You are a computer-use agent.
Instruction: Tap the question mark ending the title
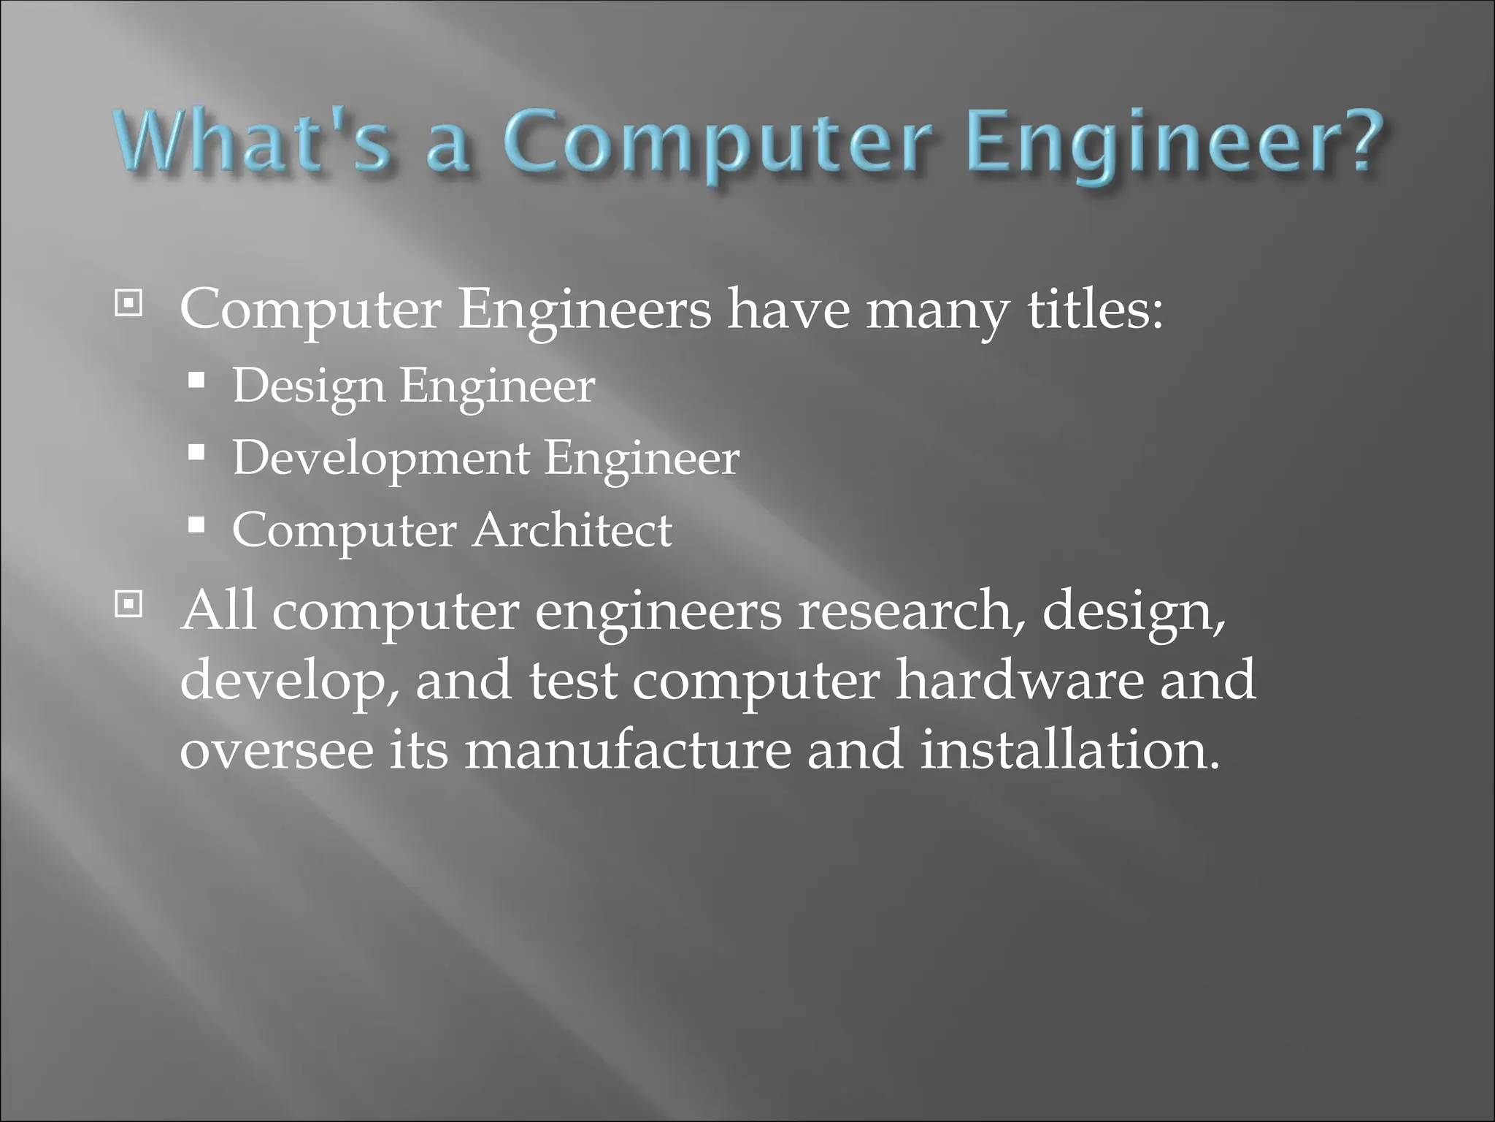coord(1357,140)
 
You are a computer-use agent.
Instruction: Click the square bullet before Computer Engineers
coord(128,303)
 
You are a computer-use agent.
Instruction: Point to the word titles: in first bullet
coord(1095,310)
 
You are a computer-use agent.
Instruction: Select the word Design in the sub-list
coord(308,387)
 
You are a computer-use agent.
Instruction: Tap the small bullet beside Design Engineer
coord(196,381)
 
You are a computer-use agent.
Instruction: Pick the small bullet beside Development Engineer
coord(196,453)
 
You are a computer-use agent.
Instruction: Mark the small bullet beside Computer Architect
coord(196,525)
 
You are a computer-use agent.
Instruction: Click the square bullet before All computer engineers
coord(128,603)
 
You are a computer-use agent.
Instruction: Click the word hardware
coord(1019,681)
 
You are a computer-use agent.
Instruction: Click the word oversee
coord(277,752)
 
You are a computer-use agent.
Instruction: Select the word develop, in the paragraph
coord(290,682)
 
